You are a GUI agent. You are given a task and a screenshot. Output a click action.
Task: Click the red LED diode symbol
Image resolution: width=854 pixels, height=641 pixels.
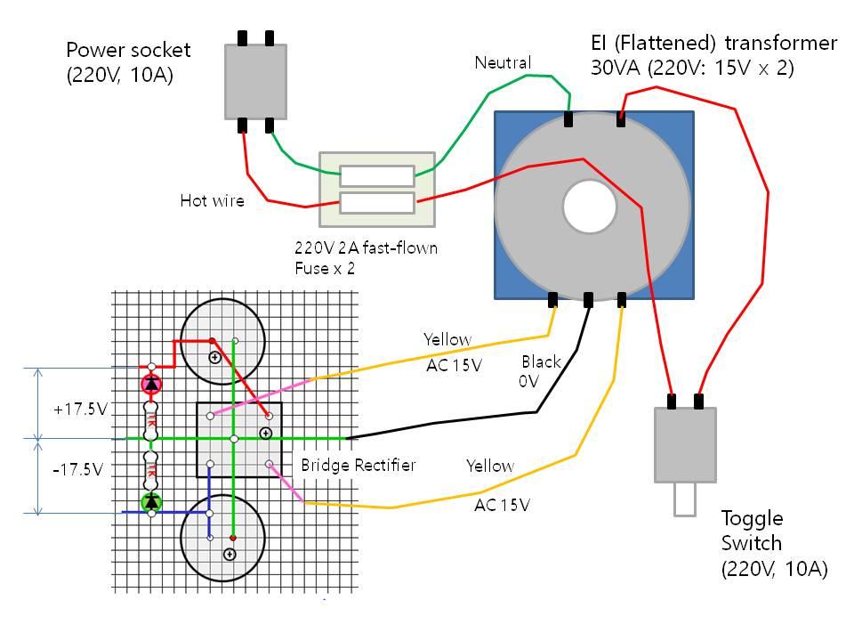[x=151, y=384]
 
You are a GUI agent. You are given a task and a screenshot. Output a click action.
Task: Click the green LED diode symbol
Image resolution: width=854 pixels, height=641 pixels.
[x=151, y=502]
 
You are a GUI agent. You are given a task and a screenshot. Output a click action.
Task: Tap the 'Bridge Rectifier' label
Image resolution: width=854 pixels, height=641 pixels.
[x=358, y=465]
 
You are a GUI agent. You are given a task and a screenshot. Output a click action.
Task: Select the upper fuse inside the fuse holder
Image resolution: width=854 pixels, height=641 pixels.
[x=377, y=175]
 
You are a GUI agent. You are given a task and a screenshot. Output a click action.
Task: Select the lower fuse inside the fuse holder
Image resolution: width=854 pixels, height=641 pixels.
[x=377, y=202]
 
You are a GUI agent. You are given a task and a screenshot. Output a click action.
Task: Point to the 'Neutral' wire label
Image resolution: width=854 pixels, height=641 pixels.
[x=503, y=62]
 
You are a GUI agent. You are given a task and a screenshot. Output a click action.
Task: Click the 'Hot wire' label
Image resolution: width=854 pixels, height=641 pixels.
[x=212, y=200]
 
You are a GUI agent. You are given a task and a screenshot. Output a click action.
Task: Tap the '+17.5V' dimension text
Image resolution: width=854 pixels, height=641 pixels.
[x=80, y=410]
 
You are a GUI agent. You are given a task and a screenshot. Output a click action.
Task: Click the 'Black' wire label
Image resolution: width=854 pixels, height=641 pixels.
[x=541, y=361]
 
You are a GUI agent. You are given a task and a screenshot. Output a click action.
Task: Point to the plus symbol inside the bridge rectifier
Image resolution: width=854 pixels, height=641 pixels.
[x=264, y=434]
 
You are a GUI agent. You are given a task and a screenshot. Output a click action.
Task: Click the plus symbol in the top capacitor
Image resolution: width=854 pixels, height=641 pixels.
[x=214, y=357]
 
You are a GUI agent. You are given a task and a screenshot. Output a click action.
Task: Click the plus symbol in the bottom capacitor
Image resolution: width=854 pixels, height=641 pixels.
[x=229, y=554]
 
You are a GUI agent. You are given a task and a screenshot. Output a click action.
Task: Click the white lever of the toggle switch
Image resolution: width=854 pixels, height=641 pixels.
[x=684, y=499]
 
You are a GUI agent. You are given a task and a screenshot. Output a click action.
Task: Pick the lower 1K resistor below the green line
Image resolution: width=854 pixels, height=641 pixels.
[x=151, y=467]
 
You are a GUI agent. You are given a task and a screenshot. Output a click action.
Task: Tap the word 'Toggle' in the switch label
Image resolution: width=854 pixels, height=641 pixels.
[x=751, y=518]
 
